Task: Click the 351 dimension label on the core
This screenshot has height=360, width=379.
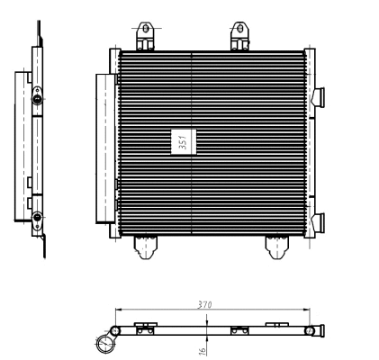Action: (x=181, y=142)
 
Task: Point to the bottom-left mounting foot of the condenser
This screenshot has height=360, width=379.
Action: (x=145, y=245)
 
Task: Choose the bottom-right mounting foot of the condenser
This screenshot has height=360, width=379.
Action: (x=276, y=245)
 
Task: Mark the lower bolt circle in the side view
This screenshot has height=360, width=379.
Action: (x=36, y=217)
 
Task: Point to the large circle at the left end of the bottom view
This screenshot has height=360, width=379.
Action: (x=107, y=343)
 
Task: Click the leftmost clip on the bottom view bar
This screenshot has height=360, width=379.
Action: (x=142, y=327)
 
